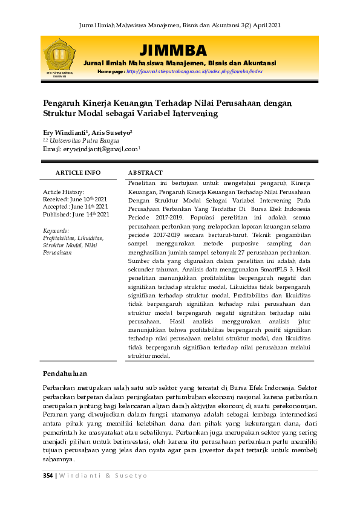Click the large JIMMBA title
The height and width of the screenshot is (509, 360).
click(173, 50)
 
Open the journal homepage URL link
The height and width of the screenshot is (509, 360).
click(194, 71)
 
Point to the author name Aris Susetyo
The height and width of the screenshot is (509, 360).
click(111, 132)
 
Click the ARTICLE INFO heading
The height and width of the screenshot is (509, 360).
click(78, 173)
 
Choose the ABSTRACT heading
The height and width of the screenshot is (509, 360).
click(145, 173)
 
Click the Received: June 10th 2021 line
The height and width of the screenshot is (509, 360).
click(76, 199)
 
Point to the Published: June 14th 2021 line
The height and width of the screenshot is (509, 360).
click(76, 214)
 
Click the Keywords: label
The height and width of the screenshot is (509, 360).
click(56, 231)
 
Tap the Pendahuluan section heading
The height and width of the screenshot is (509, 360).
click(65, 374)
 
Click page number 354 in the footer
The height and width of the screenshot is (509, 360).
click(48, 475)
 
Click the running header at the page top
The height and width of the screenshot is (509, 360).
click(180, 25)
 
